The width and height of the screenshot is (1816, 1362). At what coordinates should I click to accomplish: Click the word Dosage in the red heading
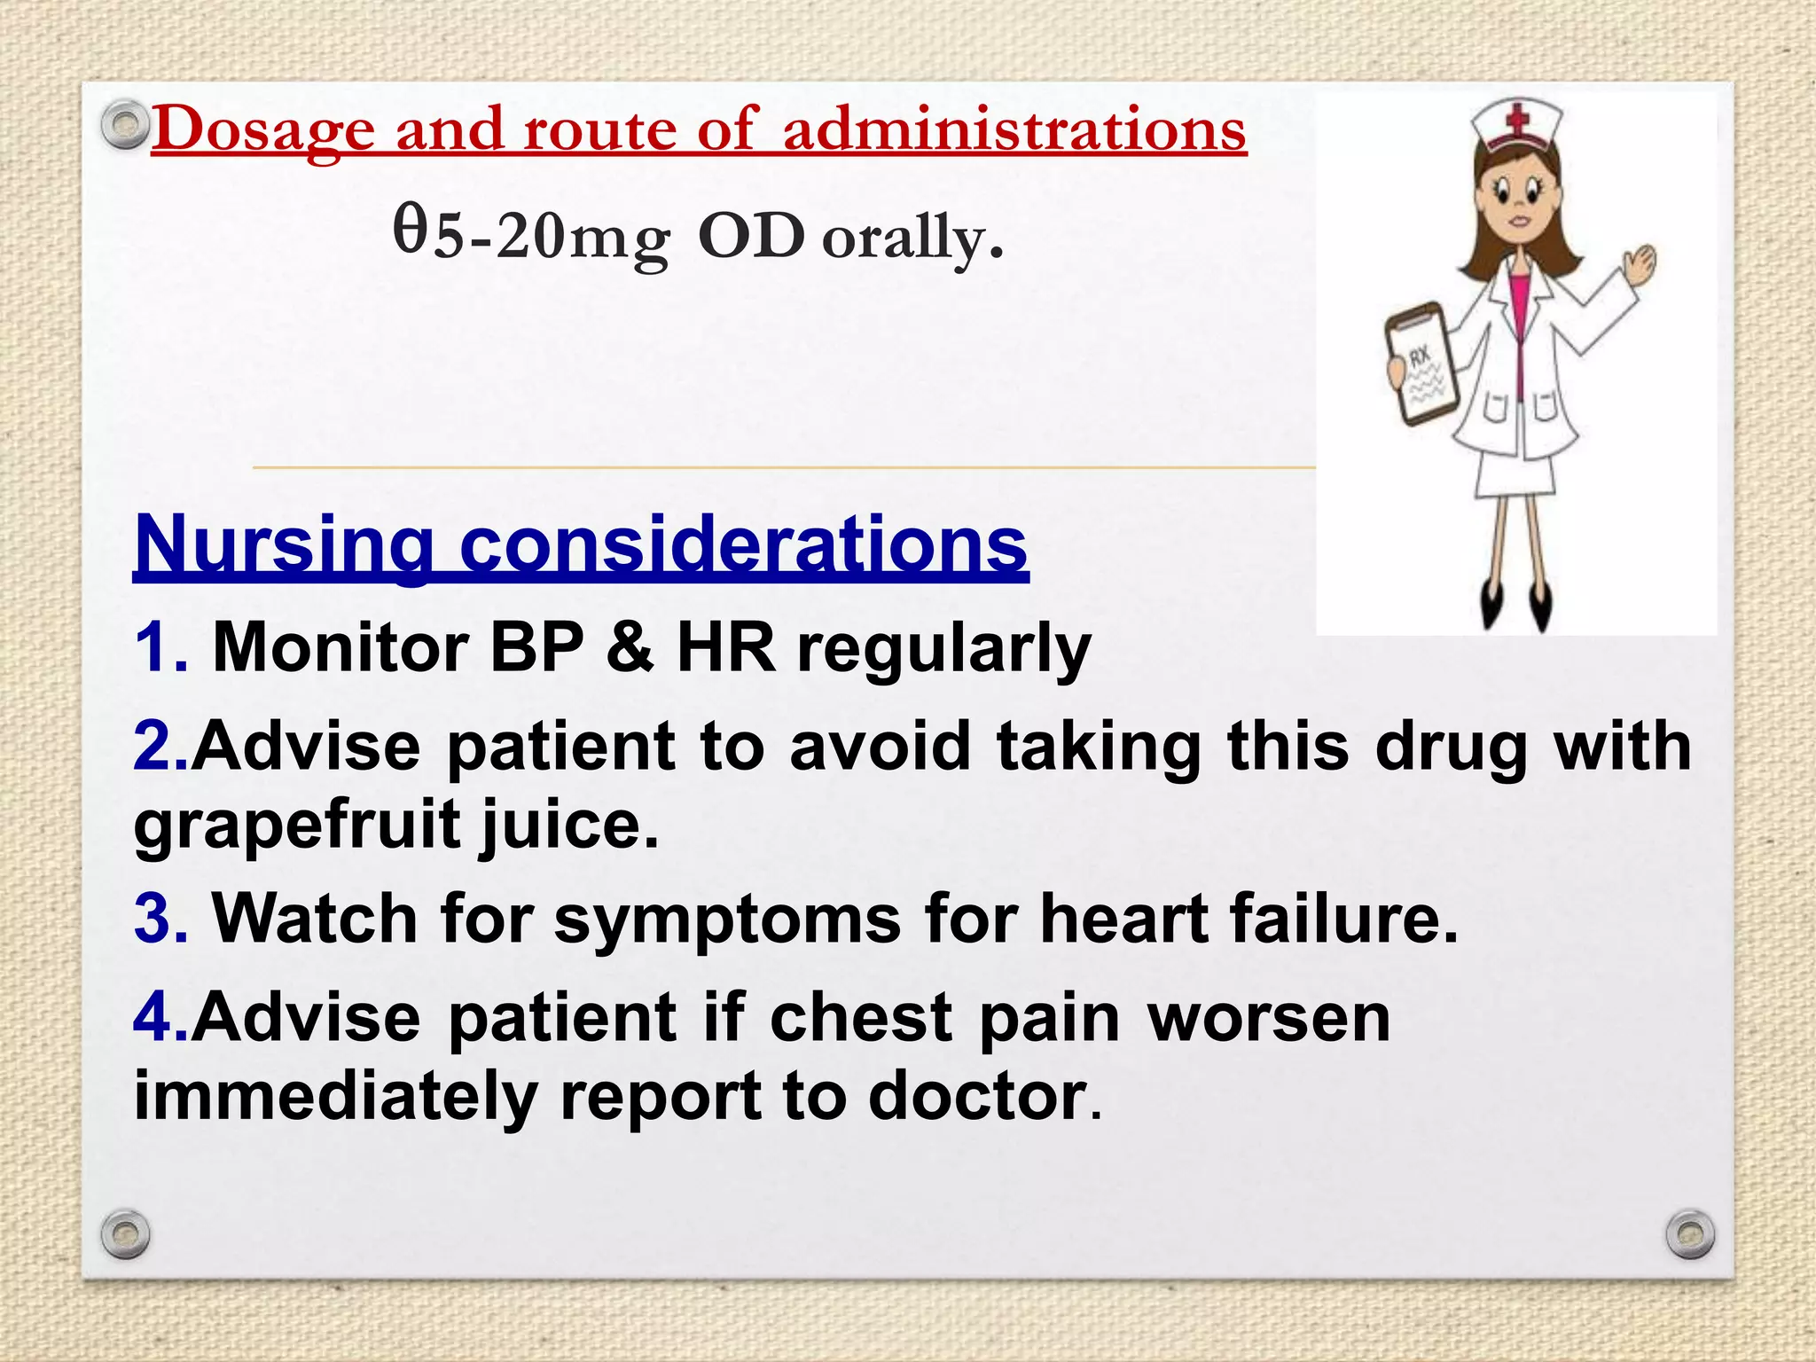click(x=263, y=130)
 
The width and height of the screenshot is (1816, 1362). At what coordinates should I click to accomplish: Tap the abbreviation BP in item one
click(x=536, y=647)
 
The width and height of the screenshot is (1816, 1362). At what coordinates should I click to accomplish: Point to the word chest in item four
click(x=860, y=1017)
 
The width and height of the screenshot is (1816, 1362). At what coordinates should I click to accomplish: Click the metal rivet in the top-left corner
click(x=124, y=124)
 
